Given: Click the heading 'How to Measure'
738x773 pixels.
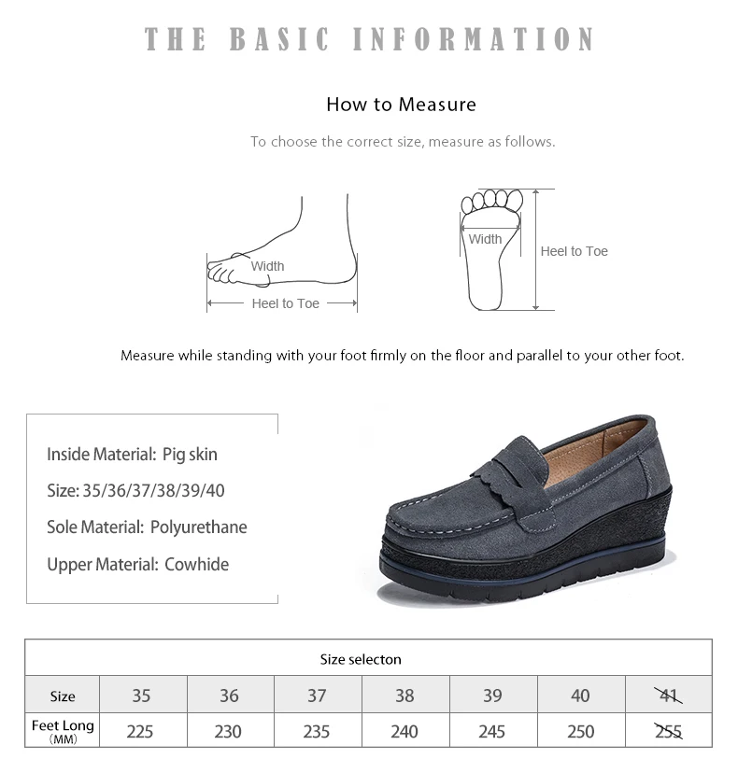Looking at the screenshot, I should tap(401, 105).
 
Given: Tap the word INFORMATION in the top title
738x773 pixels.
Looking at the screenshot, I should tap(475, 39).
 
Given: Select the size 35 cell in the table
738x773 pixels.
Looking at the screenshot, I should tap(140, 696).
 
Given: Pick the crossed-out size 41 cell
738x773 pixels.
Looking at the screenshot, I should tap(669, 696).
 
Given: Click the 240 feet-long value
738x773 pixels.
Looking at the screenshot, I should tap(404, 731).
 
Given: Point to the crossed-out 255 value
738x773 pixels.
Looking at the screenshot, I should tap(669, 731).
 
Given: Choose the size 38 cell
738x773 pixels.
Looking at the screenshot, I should tap(404, 696).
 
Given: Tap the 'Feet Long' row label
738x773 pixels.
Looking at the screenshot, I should tap(63, 726).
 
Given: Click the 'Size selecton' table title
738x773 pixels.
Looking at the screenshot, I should tap(361, 659).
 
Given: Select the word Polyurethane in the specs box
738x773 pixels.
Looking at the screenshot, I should tap(198, 527).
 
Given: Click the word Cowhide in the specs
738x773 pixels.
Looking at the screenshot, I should tap(196, 565).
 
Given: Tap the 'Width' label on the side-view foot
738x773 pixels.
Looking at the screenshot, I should tap(267, 266).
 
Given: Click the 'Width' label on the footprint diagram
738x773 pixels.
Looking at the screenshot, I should tap(485, 239).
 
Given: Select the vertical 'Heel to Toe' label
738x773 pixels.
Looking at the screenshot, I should tap(574, 251).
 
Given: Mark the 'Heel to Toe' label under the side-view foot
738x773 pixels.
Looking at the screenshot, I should tap(285, 303).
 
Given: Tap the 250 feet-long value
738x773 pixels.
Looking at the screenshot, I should tap(580, 731).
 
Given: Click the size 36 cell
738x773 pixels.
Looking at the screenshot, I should tap(229, 696).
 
